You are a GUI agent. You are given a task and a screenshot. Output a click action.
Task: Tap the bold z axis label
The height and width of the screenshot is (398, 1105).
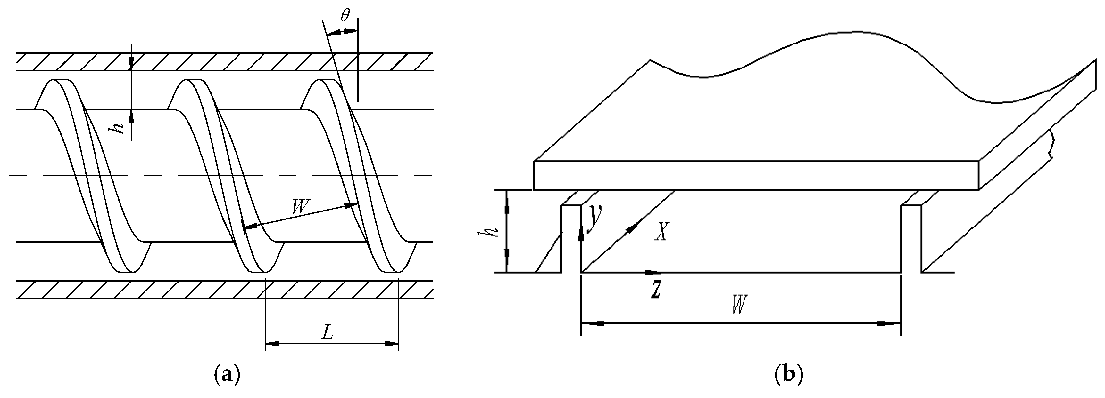655,289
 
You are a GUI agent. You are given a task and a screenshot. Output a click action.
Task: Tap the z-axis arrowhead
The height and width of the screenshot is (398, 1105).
652,272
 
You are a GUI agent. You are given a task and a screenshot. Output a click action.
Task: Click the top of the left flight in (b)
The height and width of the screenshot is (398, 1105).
571,206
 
